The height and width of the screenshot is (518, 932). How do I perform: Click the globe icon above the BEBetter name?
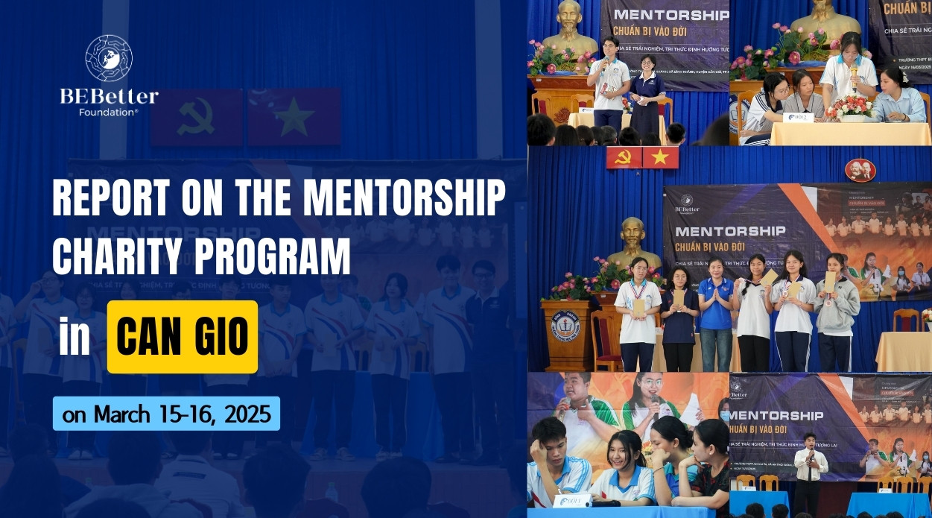tap(109, 58)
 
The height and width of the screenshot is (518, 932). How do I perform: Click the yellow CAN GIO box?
tap(183, 337)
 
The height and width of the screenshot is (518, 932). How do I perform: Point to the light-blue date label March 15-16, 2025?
tap(166, 414)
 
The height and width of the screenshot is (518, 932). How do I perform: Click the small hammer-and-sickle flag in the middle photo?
tap(624, 157)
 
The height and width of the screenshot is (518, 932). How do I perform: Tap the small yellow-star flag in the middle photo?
tap(661, 157)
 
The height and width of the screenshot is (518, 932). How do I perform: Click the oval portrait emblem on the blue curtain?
tap(860, 171)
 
